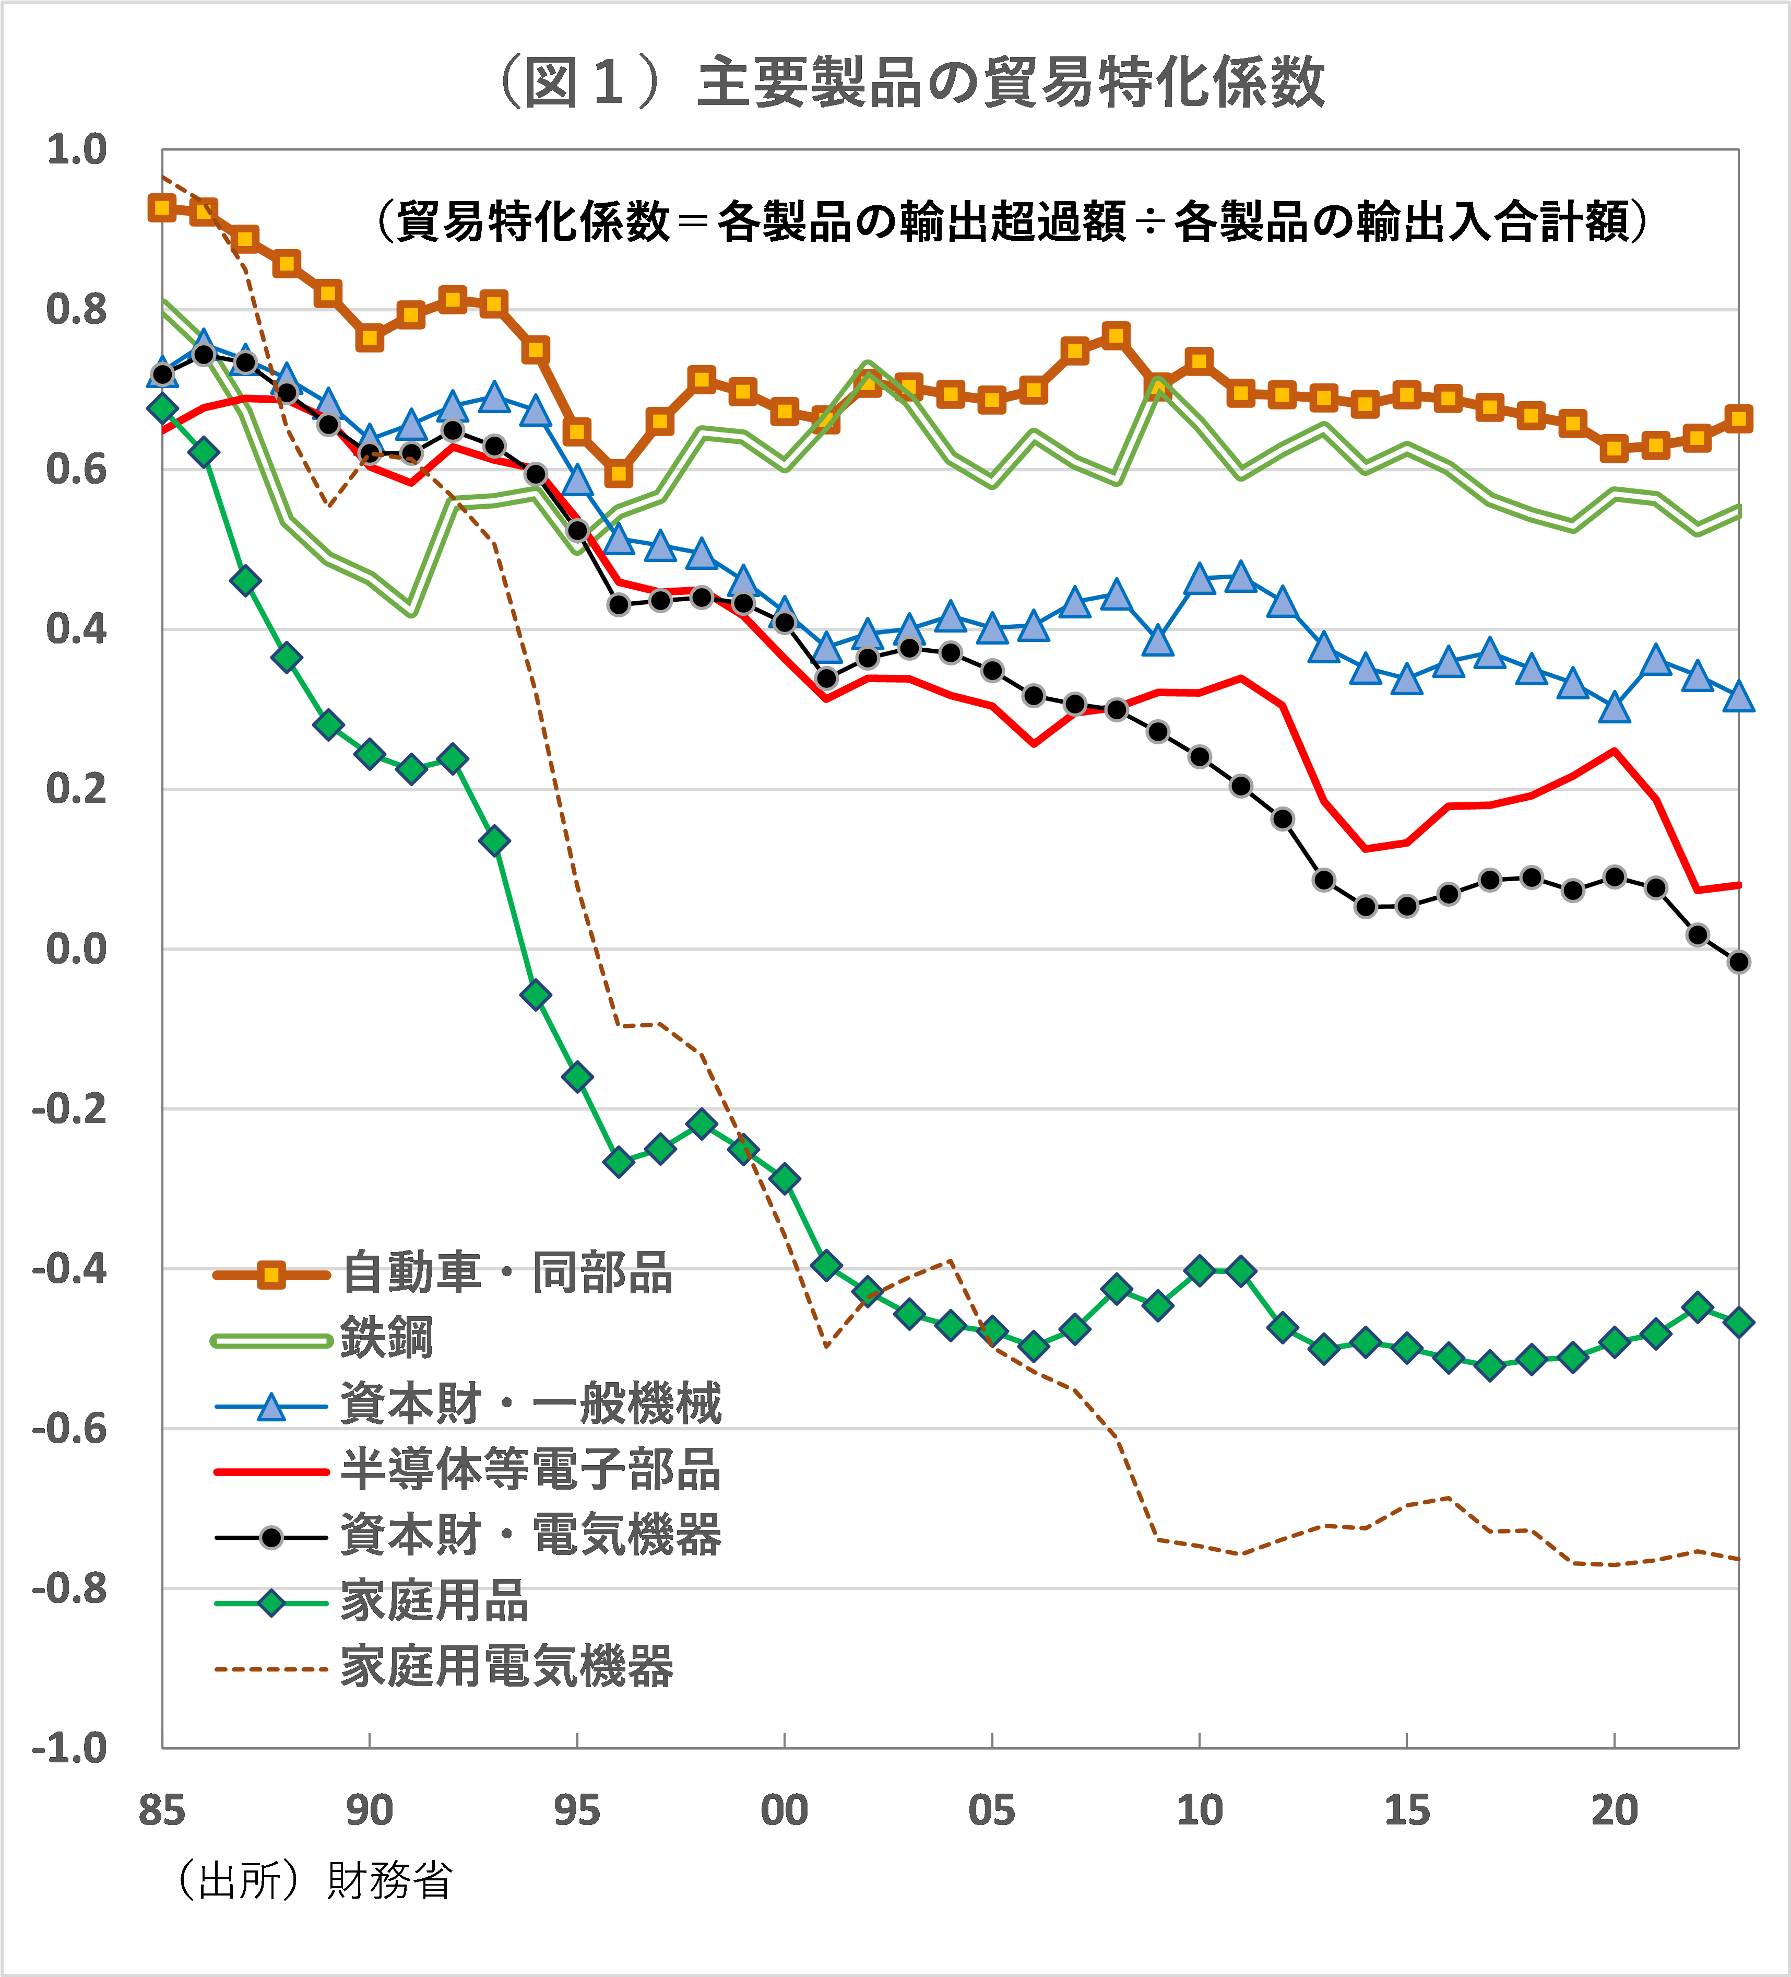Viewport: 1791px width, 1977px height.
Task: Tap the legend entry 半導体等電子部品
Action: click(x=530, y=1469)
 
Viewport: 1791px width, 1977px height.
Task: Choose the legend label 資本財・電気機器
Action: click(x=530, y=1535)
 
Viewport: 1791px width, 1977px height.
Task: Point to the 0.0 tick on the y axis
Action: click(x=76, y=949)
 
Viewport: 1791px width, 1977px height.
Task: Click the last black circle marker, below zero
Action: click(x=1739, y=962)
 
